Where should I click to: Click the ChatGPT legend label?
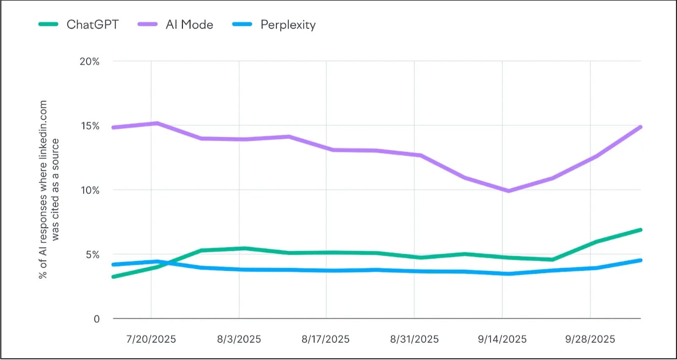[92, 25]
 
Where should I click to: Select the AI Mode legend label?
[189, 25]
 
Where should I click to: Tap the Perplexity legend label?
[288, 25]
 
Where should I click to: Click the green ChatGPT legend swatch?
[48, 25]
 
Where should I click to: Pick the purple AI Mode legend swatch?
[148, 25]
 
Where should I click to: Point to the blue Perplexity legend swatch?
[242, 25]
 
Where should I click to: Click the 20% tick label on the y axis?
[89, 61]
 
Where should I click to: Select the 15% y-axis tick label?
[90, 126]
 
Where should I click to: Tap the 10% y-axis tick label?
[90, 190]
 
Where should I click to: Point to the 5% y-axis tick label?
[92, 255]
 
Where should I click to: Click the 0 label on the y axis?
[97, 319]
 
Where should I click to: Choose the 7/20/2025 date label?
[151, 339]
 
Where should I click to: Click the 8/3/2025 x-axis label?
[239, 339]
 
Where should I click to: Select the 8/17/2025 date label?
[326, 339]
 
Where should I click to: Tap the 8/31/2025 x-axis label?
[414, 339]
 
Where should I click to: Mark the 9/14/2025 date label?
[502, 339]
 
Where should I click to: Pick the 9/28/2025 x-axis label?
[590, 339]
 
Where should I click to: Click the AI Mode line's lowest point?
[508, 191]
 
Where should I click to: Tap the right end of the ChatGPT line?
[640, 230]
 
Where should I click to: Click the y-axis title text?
[49, 189]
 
